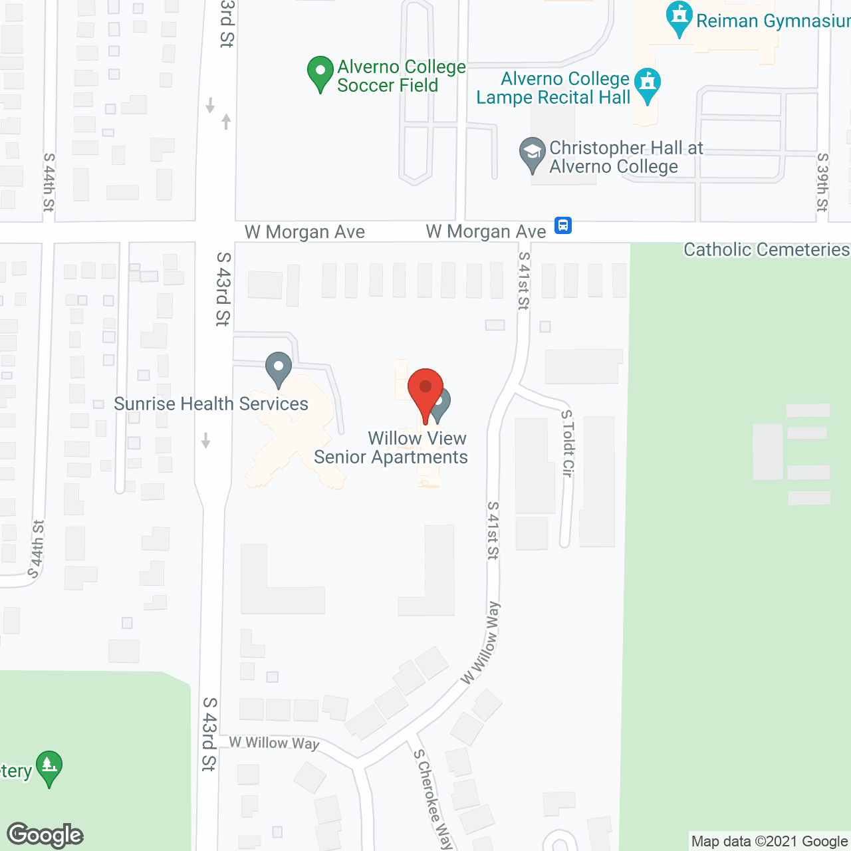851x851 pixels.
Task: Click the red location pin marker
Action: tap(425, 389)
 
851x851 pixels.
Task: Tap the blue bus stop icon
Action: tap(563, 225)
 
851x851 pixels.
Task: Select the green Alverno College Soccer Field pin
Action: tap(320, 72)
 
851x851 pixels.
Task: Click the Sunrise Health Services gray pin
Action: tap(279, 368)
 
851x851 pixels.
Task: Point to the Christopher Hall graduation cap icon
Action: tap(532, 154)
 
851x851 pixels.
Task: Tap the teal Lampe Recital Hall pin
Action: tap(648, 84)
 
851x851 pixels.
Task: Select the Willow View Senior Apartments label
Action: tap(391, 447)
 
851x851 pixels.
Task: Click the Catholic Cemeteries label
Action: tap(767, 250)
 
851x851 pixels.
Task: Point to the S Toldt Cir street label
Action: tap(567, 443)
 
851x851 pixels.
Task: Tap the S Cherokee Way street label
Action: tap(433, 798)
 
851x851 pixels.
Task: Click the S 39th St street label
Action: tap(822, 182)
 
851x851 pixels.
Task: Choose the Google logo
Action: tap(45, 835)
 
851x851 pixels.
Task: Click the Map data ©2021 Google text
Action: tap(769, 842)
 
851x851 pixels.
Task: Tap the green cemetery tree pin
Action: tap(49, 767)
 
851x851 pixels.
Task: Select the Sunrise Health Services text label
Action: tap(211, 404)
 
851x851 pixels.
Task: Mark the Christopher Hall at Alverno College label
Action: tap(626, 157)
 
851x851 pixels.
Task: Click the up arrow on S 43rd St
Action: tap(226, 122)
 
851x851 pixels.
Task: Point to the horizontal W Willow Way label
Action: tap(274, 743)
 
